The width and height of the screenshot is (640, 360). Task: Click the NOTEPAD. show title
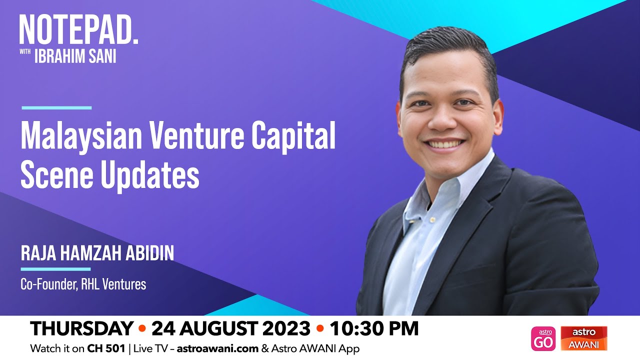78,30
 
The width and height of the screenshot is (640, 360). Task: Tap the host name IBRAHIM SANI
75,56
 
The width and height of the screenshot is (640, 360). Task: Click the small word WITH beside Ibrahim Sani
25,53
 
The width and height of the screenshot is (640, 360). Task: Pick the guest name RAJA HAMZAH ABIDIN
97,253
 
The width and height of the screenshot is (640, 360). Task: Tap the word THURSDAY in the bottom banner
81,328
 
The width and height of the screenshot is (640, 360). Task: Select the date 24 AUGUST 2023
230,328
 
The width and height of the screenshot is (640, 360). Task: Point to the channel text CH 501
105,348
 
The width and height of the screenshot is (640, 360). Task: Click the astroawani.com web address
217,348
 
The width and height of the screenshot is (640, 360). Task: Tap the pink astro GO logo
543,338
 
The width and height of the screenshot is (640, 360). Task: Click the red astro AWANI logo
583,338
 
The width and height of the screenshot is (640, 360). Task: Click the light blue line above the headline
56,107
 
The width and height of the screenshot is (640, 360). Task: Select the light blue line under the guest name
56,269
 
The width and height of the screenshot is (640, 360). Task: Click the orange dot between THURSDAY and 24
142,329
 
